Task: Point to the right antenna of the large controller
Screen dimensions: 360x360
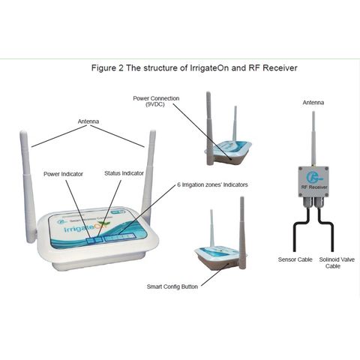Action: [x=151, y=180]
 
